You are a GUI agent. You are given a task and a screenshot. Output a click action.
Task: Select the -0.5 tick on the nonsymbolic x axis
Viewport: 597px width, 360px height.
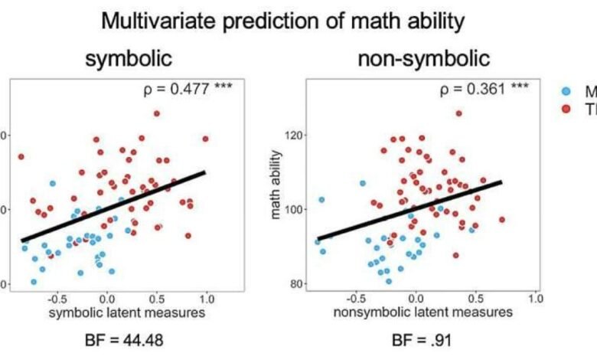(354, 296)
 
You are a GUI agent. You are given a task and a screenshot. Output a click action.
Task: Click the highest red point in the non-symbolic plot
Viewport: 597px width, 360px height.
(459, 113)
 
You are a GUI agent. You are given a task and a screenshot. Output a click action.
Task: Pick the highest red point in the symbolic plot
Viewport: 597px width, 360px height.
(156, 113)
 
